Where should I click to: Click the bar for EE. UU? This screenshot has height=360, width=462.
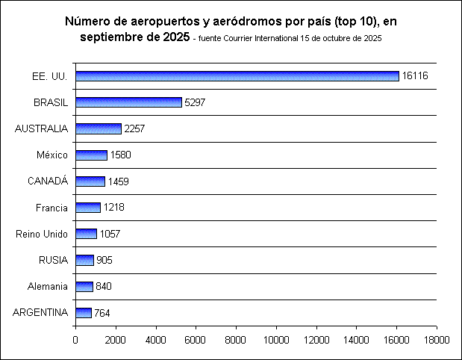237,75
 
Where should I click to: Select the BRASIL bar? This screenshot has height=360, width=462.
128,102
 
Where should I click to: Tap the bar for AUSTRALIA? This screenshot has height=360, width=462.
98,128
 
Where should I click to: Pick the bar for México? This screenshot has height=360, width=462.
91,155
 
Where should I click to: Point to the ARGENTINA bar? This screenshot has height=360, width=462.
83,313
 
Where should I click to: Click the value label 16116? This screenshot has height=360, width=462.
414,76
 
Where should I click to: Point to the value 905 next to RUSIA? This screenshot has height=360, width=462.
104,261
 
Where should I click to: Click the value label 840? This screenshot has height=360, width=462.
103,287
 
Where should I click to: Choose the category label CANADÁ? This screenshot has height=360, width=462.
47,181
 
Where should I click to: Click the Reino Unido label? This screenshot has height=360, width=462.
42,235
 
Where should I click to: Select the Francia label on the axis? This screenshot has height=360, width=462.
52,208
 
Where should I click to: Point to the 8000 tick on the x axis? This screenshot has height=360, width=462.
236,340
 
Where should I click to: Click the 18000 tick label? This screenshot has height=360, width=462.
437,340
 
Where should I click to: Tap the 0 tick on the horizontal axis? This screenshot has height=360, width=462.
75,340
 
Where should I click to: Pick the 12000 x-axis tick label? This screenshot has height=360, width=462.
316,340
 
